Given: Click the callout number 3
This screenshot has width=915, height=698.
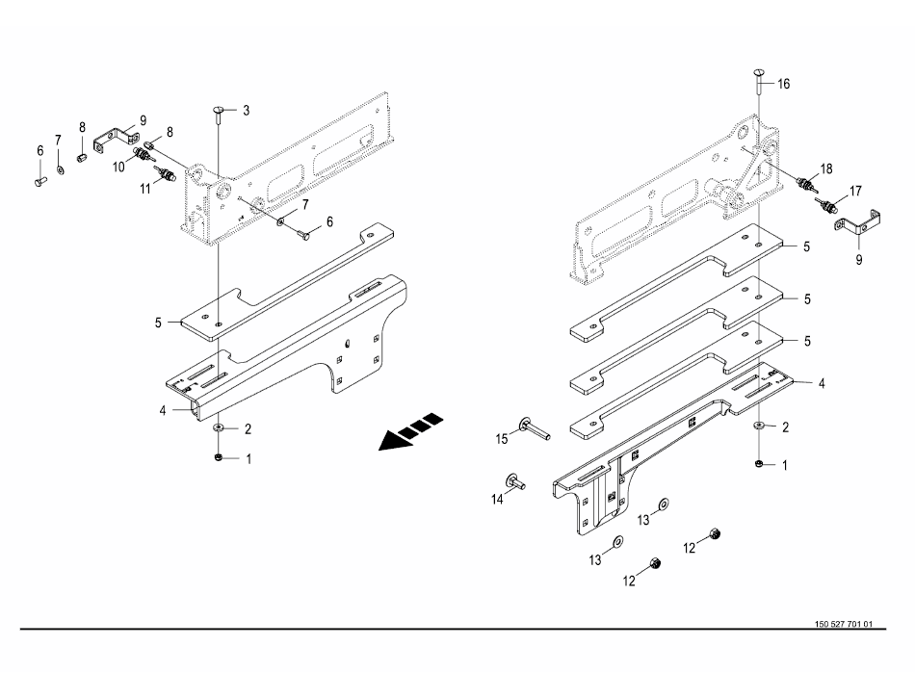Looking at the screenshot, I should [x=246, y=112].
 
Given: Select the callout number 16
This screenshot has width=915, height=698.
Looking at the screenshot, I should [x=783, y=85].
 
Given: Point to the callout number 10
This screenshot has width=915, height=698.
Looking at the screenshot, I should [x=119, y=167].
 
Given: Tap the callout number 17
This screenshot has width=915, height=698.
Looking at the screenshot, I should [x=854, y=191].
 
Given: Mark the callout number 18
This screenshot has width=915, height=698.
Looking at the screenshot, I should [x=825, y=168].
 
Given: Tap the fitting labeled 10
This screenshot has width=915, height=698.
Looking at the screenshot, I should [x=143, y=154].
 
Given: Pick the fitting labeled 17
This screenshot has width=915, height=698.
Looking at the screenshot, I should [x=824, y=204].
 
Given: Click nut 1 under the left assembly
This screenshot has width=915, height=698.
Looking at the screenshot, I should [x=220, y=455].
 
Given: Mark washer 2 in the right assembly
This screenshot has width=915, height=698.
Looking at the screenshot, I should [x=759, y=425].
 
